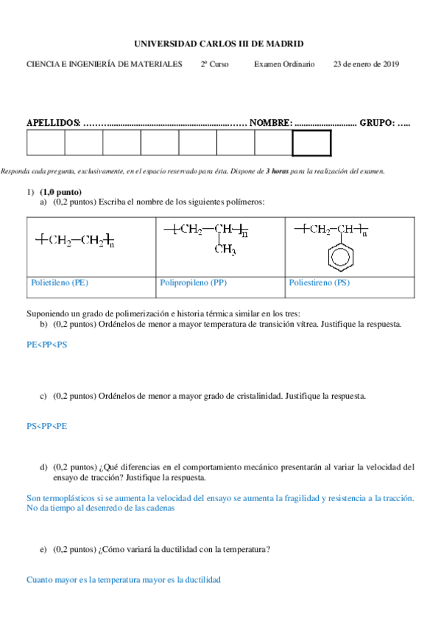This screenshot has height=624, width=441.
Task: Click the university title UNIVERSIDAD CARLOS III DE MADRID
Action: [x=220, y=44]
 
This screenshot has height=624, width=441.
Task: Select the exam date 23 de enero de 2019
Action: [x=366, y=64]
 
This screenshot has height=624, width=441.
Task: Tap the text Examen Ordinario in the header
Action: [x=283, y=64]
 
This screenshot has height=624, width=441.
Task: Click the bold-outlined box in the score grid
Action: [x=311, y=143]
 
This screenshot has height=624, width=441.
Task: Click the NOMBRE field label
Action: [x=271, y=122]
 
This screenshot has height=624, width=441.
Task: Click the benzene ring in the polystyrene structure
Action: [x=340, y=258]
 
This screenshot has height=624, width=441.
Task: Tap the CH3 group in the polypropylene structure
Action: [x=225, y=251]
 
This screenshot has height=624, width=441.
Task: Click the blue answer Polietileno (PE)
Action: [x=60, y=283]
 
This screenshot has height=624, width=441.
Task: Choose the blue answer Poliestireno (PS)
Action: [x=320, y=283]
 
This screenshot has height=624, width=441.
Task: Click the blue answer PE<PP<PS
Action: [x=46, y=344]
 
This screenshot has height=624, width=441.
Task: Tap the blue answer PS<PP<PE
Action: [x=46, y=425]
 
